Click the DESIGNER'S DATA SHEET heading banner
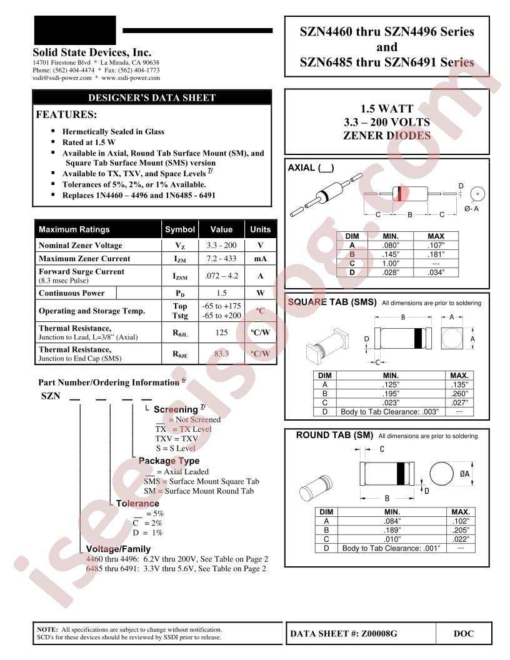point(152,97)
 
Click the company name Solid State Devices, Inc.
point(92,52)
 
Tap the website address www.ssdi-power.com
point(131,78)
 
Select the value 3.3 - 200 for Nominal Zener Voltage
point(221,245)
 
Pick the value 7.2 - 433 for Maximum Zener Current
point(221,259)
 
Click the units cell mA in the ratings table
point(261,259)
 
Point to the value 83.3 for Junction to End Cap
point(221,354)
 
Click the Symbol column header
point(179,229)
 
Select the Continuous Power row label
point(71,293)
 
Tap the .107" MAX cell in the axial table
point(436,246)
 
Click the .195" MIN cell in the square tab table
point(391,394)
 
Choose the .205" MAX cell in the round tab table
point(461,531)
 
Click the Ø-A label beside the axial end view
point(471,209)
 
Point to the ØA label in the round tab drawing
point(464,474)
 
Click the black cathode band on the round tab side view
point(400,474)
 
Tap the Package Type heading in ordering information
point(169,461)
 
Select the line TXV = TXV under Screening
point(176,439)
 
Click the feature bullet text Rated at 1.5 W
point(89,142)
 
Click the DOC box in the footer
point(464,634)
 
